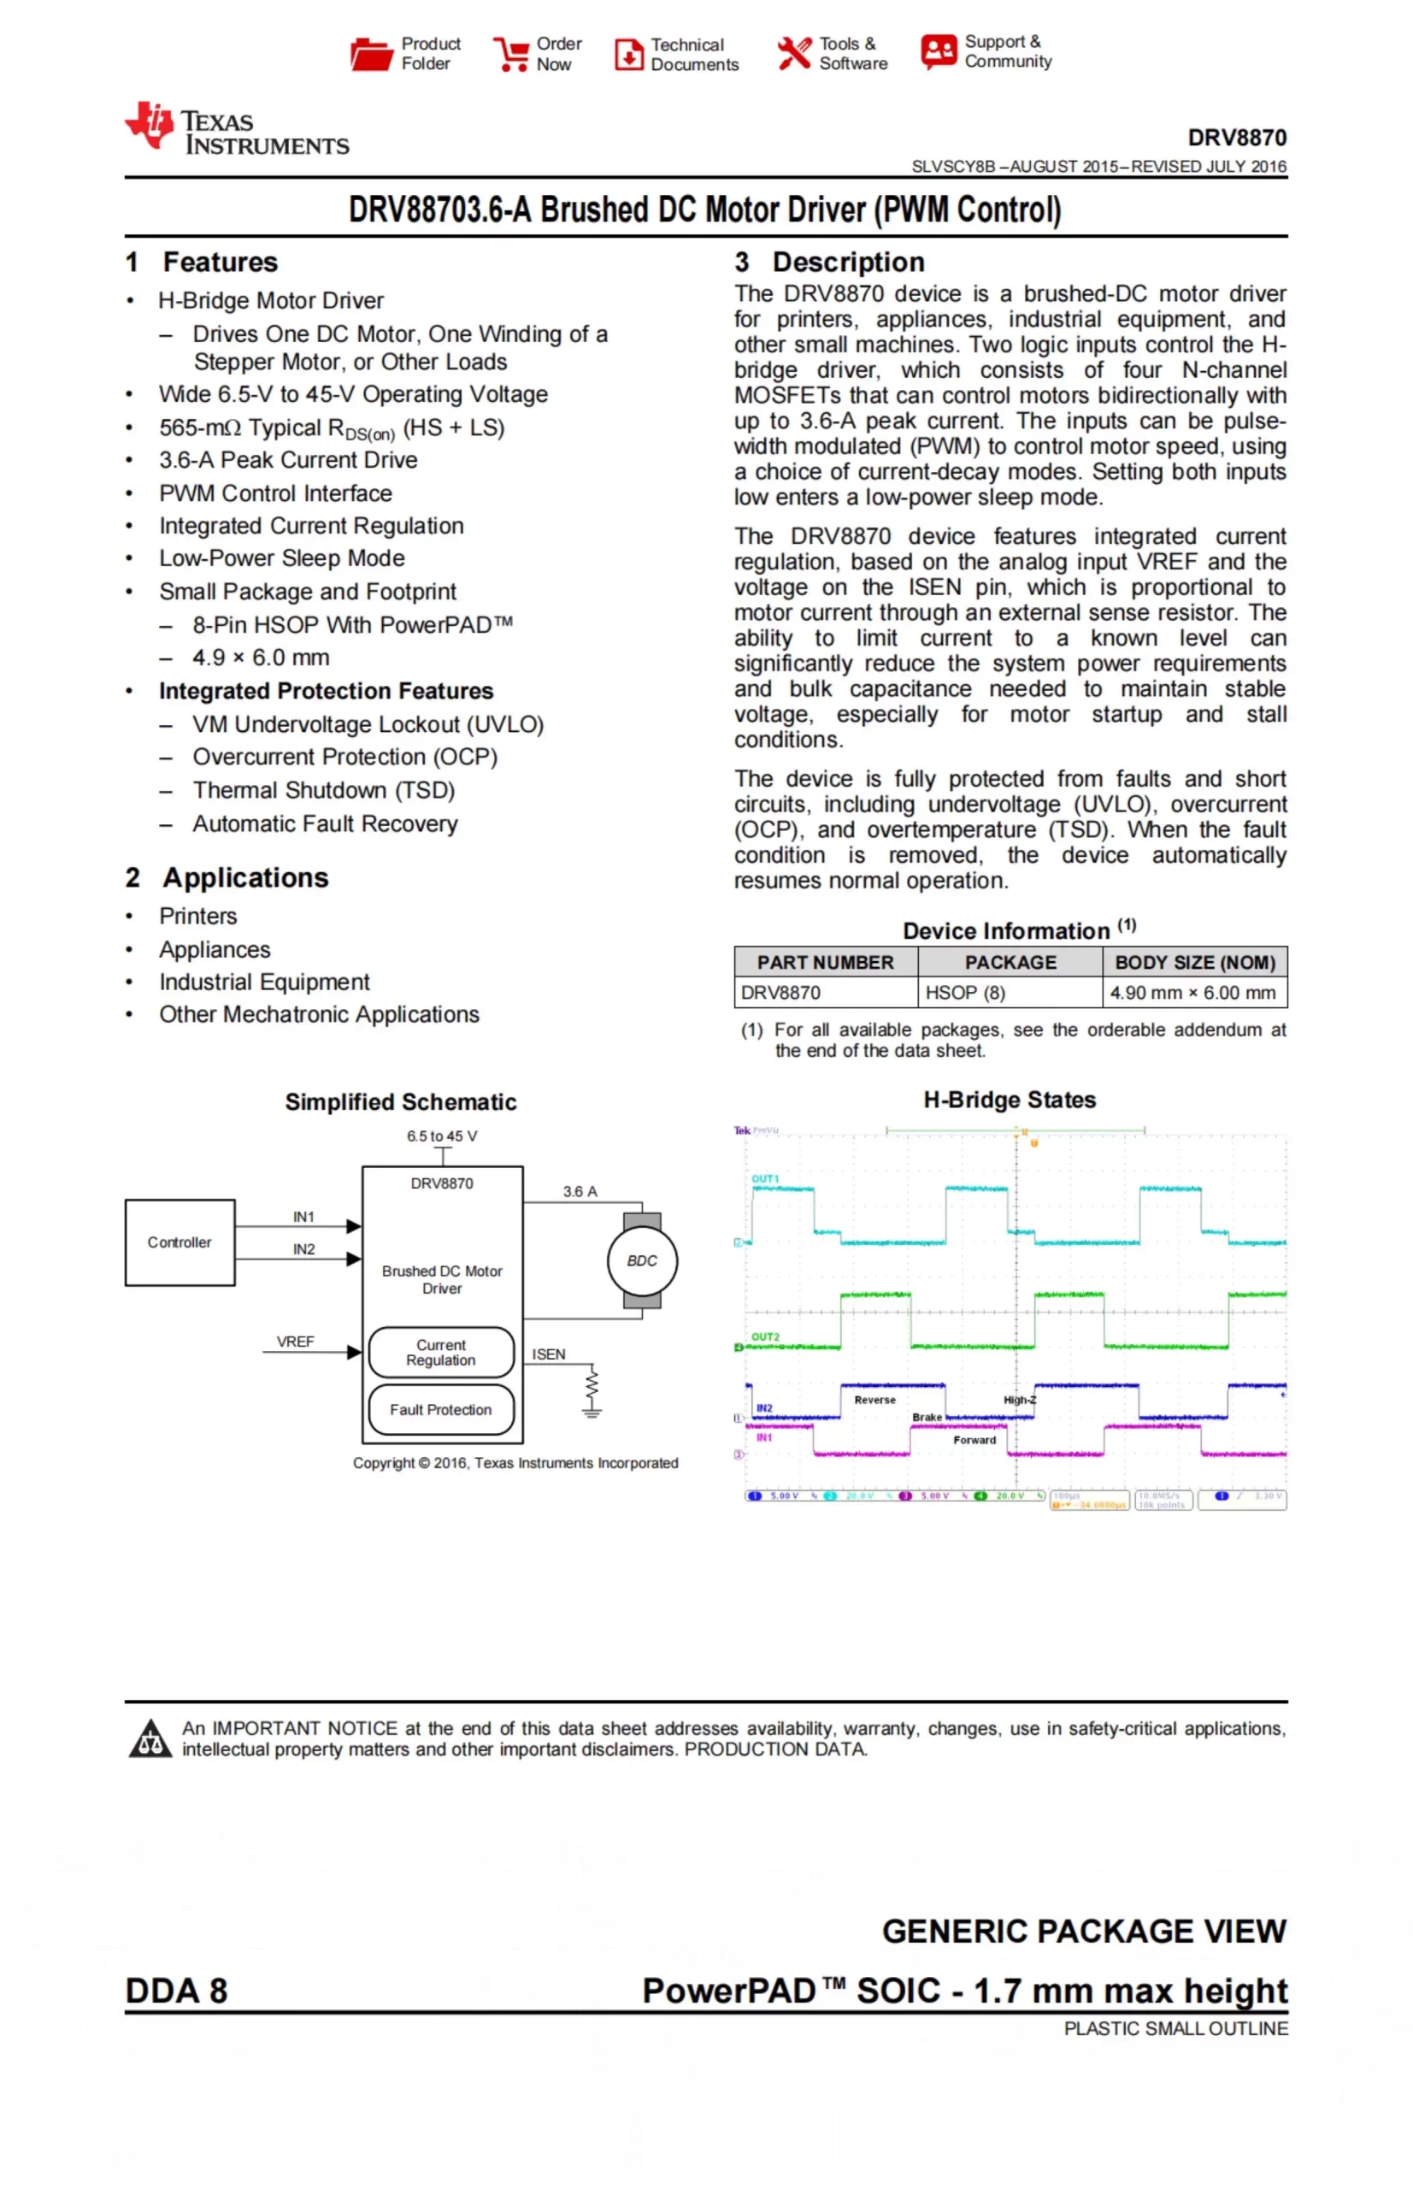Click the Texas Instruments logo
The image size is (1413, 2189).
click(236, 128)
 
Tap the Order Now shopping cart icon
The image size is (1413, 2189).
click(510, 54)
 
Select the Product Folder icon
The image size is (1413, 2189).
click(371, 54)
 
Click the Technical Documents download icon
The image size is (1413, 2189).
click(628, 54)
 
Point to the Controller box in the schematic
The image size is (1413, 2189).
click(180, 1242)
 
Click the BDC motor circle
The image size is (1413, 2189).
click(642, 1260)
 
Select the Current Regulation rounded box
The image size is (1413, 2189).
click(440, 1352)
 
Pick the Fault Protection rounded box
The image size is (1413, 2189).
click(440, 1409)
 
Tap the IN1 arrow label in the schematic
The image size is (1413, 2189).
click(303, 1217)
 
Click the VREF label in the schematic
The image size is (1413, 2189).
click(296, 1342)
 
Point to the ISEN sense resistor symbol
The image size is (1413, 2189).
click(592, 1388)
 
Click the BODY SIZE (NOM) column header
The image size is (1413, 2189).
click(1195, 962)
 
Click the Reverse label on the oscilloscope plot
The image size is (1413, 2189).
click(874, 1400)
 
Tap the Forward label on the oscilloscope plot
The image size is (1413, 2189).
click(974, 1440)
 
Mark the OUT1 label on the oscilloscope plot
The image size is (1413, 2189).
click(765, 1178)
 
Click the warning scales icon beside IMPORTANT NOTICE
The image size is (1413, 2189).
click(150, 1739)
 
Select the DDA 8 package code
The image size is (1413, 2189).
click(176, 1991)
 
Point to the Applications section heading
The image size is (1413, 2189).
click(245, 877)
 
